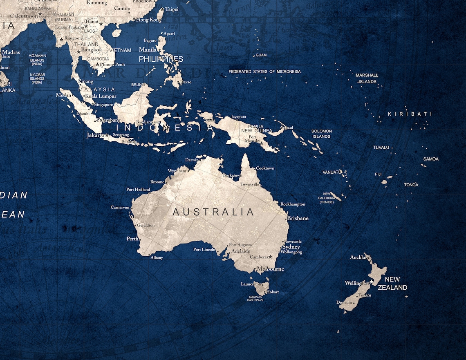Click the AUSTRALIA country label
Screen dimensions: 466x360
coord(213,212)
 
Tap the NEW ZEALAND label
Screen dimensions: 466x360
coord(392,283)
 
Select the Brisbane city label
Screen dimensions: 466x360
coord(298,218)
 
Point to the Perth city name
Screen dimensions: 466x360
coord(132,238)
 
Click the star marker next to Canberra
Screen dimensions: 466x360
coord(270,257)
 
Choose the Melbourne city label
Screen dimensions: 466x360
coord(270,269)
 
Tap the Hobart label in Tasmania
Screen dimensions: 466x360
coord(273,292)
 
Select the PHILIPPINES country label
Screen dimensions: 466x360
coord(161,59)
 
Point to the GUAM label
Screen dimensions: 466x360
coord(261,55)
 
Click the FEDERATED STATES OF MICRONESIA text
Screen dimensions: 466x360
coord(264,72)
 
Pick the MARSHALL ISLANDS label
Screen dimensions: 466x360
coord(367,78)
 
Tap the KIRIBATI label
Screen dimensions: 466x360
coord(410,114)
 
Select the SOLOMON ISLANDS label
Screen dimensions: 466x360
coord(322,134)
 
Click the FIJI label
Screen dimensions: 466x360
coord(378,174)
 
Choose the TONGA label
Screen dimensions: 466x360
coord(411,185)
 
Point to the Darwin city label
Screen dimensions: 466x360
coord(192,160)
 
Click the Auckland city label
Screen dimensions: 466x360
coord(360,257)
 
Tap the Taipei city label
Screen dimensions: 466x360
coord(172,9)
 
